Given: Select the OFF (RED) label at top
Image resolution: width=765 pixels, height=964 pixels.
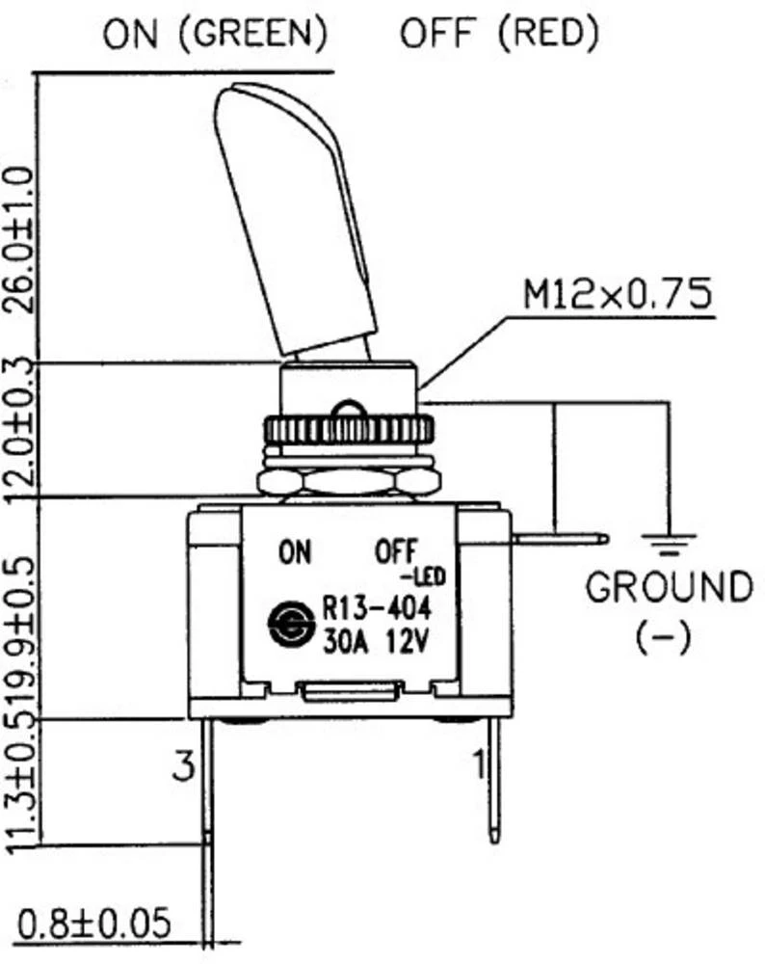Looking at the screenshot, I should [499, 35].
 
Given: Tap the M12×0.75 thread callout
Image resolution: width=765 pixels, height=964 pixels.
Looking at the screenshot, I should [618, 294].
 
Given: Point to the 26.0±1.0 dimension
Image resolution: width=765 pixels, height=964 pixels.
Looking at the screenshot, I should [21, 237].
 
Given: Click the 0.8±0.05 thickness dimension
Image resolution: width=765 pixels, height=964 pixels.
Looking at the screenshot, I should [93, 924].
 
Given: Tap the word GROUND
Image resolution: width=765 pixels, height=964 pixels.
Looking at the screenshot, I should [669, 587].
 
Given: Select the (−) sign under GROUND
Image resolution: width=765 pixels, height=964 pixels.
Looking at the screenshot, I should [665, 638].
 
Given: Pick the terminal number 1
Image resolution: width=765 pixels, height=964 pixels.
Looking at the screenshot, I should [477, 763].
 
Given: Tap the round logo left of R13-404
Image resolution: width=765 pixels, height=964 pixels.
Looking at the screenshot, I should [287, 624].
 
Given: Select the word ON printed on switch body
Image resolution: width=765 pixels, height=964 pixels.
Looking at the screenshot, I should [295, 552].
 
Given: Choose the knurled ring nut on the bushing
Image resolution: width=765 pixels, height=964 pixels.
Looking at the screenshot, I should [349, 428].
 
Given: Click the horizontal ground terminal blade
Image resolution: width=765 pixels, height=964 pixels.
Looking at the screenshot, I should [559, 540].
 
